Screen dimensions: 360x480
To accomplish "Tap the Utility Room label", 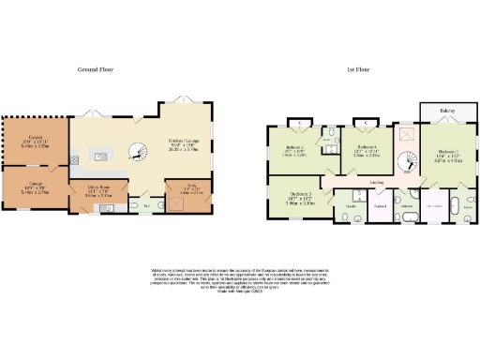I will pos(100,190).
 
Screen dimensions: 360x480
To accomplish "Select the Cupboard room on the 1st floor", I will pos(382,205).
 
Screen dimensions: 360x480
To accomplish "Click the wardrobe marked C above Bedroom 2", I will pos(299,124).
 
